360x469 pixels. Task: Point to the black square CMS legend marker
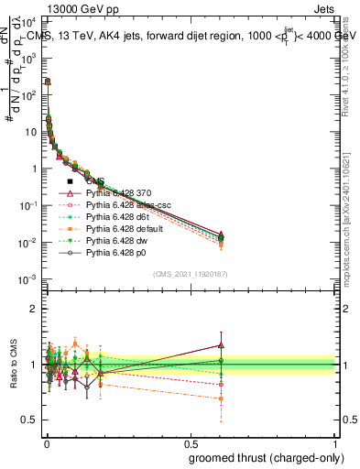pyautogui.click(x=70, y=181)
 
